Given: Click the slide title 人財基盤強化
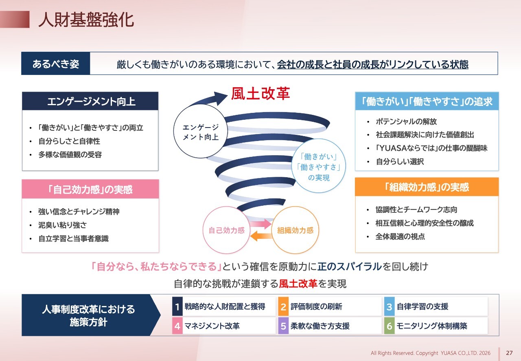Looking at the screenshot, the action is click(86, 20).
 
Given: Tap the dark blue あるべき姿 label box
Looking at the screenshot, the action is click(56, 63).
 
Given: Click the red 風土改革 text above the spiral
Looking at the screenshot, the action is click(260, 94).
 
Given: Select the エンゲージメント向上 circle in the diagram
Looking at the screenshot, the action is click(201, 131).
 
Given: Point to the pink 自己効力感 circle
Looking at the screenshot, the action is click(227, 230).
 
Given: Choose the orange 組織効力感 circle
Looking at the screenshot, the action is click(295, 230).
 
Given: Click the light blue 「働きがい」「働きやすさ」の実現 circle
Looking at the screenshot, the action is click(319, 166).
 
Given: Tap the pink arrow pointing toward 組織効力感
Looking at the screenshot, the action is click(260, 224).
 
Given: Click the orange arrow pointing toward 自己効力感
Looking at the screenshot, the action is click(261, 236).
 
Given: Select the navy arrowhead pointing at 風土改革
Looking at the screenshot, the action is click(220, 98).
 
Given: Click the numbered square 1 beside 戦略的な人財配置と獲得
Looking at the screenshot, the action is click(177, 306).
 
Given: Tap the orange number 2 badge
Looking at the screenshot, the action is click(283, 306).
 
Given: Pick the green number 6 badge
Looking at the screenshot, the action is click(390, 326).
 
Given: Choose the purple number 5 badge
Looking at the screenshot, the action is click(283, 326).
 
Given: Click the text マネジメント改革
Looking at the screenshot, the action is click(212, 326).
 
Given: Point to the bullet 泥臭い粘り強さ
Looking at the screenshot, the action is click(63, 225).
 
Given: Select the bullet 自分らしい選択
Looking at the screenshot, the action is click(400, 161).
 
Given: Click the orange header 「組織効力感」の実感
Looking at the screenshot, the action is click(427, 187).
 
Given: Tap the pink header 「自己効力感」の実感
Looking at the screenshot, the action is click(90, 189).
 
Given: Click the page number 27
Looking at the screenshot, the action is click(509, 353).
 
